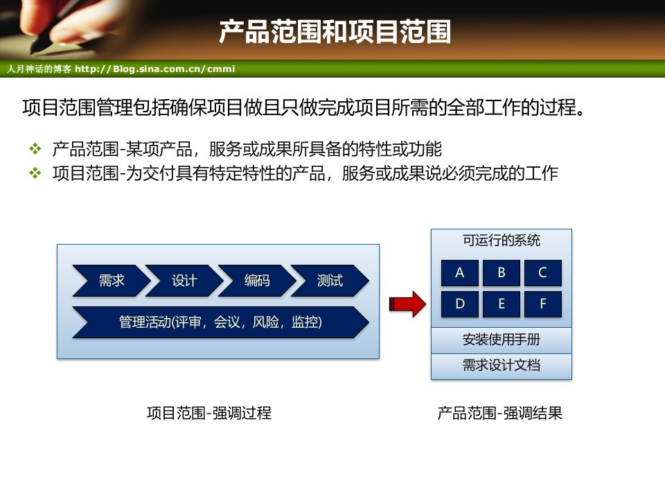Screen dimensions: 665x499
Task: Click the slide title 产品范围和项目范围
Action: (335, 32)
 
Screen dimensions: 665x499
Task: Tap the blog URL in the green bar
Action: (154, 69)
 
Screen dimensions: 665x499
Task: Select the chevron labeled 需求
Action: (112, 281)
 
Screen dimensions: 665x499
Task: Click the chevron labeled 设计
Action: (184, 281)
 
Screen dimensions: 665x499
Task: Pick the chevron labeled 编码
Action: (257, 281)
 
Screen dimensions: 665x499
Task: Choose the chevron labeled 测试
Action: (330, 281)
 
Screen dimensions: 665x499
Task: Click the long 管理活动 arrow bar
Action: (220, 322)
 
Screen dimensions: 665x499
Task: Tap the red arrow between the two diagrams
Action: (407, 304)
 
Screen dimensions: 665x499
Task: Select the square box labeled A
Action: (460, 273)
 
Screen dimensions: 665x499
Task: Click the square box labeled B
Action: (502, 273)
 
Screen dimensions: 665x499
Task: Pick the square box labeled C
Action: (543, 273)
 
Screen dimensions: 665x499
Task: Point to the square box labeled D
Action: (460, 304)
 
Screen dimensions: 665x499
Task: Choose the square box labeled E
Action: (502, 304)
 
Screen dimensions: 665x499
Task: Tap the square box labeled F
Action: (543, 304)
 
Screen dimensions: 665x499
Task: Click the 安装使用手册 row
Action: (502, 340)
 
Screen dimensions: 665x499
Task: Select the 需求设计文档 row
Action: (502, 366)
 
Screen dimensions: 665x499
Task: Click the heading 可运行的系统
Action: (502, 240)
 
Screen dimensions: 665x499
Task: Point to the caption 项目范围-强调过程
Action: (209, 413)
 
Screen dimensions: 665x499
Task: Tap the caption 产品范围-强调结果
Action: (499, 413)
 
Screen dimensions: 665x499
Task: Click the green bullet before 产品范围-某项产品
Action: (35, 149)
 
